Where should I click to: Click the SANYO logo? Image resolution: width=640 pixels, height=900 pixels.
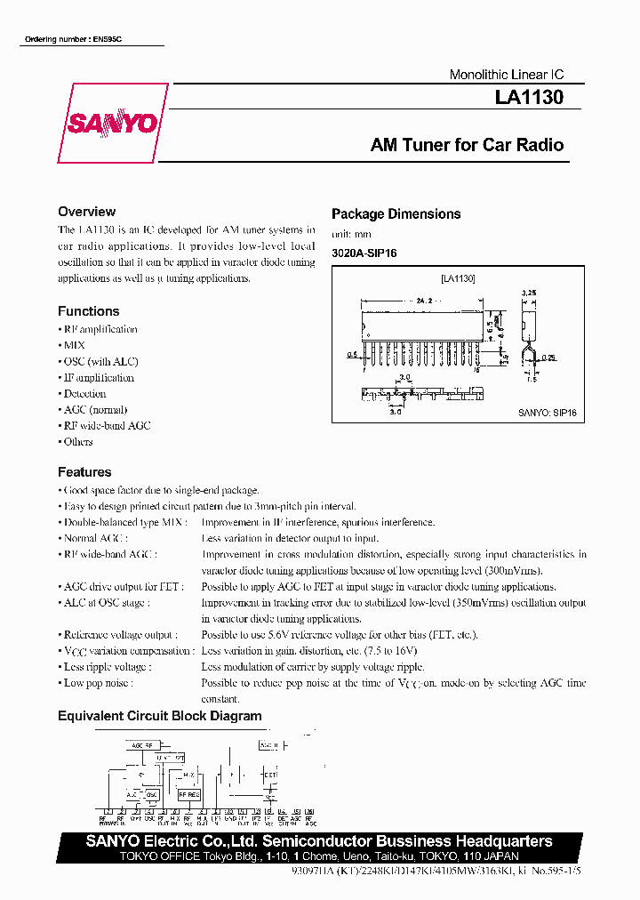coord(112,124)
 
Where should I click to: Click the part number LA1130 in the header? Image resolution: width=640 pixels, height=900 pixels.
coord(529,99)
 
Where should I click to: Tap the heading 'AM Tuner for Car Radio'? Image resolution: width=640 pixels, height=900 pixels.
coord(467,145)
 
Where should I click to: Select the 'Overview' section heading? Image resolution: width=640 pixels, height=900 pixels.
coord(86,212)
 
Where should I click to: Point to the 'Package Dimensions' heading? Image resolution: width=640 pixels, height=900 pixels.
coord(396,213)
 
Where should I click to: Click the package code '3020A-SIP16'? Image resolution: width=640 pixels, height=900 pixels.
coord(364,253)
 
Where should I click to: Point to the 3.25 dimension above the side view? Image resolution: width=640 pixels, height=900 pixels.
coord(527,292)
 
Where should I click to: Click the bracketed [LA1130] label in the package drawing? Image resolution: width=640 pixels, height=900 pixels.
coord(458,278)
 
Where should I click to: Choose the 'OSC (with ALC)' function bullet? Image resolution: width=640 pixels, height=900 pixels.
coord(100,361)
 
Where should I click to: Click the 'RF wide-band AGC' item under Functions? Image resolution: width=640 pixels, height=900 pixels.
coord(107,425)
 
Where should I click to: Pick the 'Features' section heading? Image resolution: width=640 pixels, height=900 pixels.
coord(84,472)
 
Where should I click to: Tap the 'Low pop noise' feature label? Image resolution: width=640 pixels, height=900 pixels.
coord(98,682)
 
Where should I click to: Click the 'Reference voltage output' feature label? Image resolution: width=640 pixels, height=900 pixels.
coord(120,634)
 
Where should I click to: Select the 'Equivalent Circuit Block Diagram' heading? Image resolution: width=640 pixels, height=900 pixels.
coord(160,716)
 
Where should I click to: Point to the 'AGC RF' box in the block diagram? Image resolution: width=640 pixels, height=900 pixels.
coord(142,744)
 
